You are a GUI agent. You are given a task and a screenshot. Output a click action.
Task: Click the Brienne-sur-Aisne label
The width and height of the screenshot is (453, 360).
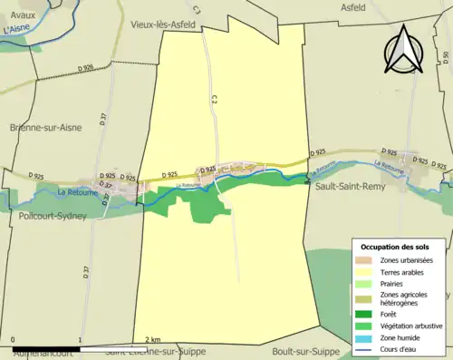tap(45, 127)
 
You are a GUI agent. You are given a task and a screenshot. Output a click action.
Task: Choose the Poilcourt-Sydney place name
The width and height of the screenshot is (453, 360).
tap(53, 217)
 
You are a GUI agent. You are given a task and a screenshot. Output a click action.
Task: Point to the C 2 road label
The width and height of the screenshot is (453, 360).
tap(216, 97)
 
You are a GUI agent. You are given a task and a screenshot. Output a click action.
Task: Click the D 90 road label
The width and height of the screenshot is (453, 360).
tap(446, 58)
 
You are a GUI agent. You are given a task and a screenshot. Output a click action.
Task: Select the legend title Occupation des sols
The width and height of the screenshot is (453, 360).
tap(397, 247)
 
